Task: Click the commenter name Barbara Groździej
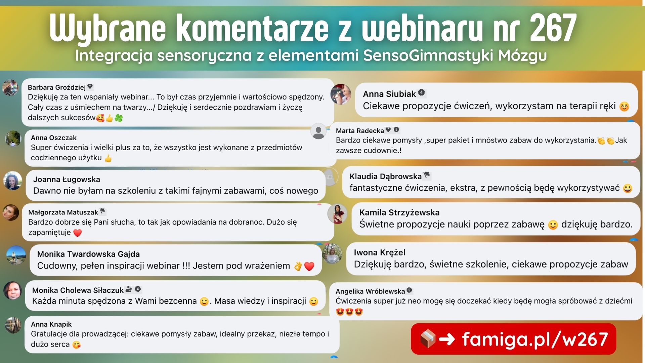pos(57,87)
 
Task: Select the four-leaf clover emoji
pos(119,118)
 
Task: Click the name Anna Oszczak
pos(54,137)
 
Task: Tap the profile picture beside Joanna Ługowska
pos(13,180)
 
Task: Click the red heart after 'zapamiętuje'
pos(78,233)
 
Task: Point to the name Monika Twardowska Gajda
pos(88,254)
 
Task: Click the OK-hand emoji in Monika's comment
pos(298,266)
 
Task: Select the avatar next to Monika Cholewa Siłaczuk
pos(13,291)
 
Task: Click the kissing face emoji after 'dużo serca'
pos(77,345)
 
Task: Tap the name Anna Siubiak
pos(389,94)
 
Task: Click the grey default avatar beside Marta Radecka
pos(318,131)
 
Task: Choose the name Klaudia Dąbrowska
pos(385,176)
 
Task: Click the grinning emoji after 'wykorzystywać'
pos(627,188)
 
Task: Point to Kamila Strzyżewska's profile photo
pos(337,214)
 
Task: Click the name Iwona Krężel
pos(380,252)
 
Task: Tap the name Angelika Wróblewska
pos(370,291)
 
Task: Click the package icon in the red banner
pos(428,339)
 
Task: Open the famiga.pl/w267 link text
pos(535,339)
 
